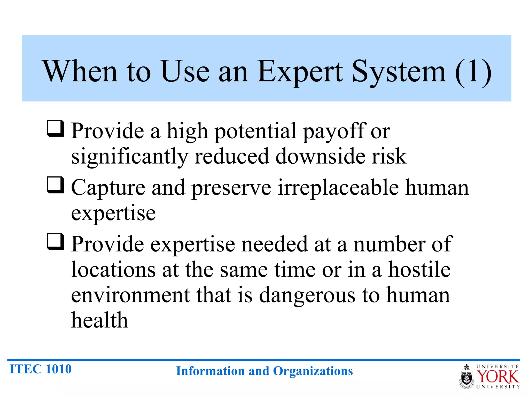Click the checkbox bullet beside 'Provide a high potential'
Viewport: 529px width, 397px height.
click(x=55, y=128)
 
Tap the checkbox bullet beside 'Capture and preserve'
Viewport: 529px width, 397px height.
click(x=55, y=185)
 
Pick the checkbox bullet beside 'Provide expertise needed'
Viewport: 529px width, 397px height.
click(x=55, y=242)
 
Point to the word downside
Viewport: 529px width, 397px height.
click(x=320, y=156)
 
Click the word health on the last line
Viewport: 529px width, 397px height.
click(x=99, y=320)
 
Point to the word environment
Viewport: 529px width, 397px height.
click(x=130, y=295)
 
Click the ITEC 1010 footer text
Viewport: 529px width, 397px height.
click(x=41, y=369)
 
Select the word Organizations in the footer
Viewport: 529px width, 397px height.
click(x=313, y=371)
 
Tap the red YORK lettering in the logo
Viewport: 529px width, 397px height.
click(x=497, y=377)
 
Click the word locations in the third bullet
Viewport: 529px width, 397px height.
click(x=113, y=270)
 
